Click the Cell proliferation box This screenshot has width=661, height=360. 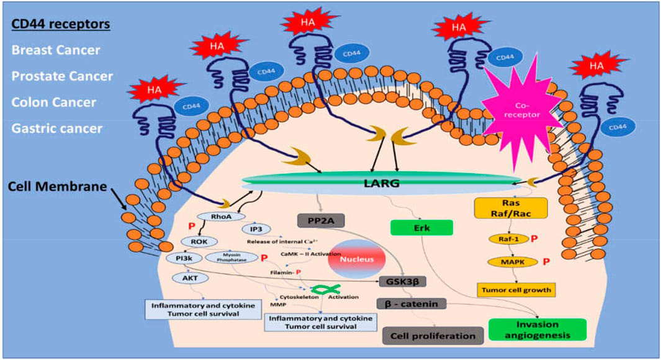click(433, 336)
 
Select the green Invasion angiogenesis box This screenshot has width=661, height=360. click(537, 330)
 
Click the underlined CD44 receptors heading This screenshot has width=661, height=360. click(61, 24)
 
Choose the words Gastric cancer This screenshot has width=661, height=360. click(56, 128)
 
